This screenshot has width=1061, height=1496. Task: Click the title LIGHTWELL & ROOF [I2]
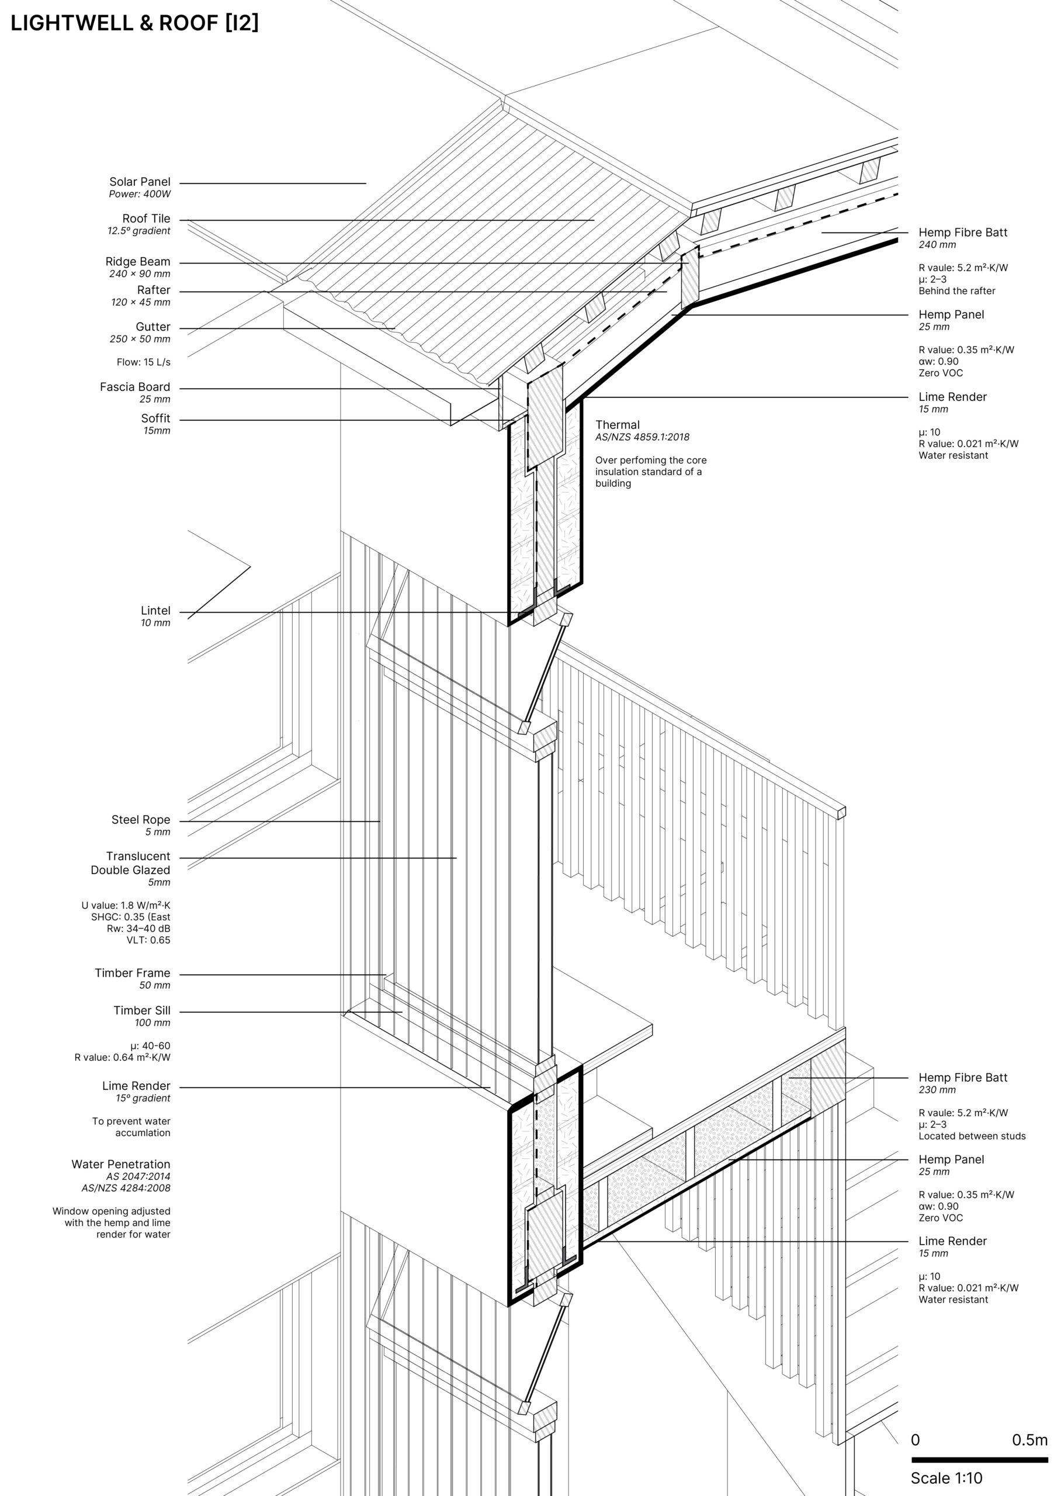[x=134, y=23]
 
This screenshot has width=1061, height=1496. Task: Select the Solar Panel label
[x=140, y=182]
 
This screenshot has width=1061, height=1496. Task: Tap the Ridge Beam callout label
[x=138, y=261]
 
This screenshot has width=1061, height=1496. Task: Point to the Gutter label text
[x=153, y=327]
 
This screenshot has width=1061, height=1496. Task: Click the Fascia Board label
[x=135, y=387]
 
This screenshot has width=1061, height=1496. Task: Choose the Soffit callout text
[x=155, y=418]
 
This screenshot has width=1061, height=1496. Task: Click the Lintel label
[x=155, y=610]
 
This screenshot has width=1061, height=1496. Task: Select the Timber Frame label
[x=133, y=973]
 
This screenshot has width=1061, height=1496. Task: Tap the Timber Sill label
[x=142, y=1010]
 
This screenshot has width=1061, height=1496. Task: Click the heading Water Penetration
[x=121, y=1163]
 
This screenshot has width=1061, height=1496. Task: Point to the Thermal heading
[x=618, y=425]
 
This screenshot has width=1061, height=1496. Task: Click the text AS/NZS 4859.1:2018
[x=642, y=437]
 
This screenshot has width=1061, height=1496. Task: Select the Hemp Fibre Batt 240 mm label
[x=963, y=232]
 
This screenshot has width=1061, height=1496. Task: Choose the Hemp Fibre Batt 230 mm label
[x=963, y=1077]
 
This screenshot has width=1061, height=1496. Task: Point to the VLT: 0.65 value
[x=148, y=940]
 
